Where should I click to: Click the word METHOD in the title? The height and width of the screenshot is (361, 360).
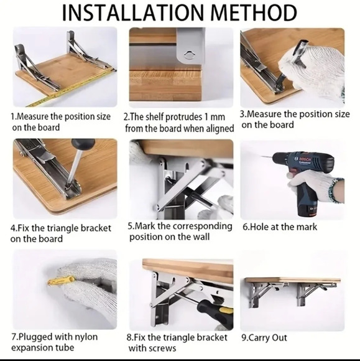tap(254, 12)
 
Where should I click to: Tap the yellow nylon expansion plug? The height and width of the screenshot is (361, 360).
tap(61, 281)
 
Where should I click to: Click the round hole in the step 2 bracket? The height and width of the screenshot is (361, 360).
tap(190, 55)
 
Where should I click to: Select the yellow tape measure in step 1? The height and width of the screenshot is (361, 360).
tap(72, 88)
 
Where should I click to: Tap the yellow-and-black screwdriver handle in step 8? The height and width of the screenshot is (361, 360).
tap(211, 309)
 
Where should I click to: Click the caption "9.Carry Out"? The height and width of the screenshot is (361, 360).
tap(264, 338)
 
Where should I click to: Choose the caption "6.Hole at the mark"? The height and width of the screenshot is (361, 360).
tap(280, 227)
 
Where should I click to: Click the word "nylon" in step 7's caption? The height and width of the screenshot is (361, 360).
tap(85, 337)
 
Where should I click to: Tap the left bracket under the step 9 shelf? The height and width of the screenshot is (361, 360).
tap(259, 294)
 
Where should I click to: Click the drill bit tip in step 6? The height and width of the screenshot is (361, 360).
tap(262, 156)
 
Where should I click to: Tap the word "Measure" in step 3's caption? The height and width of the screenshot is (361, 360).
tap(264, 114)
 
